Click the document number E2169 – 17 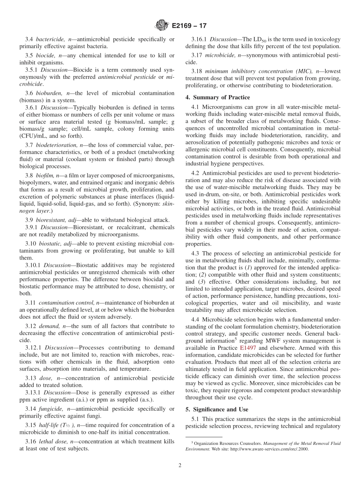tap(189, 26)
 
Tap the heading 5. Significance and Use tap(217, 410)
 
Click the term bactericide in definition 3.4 tap(50, 39)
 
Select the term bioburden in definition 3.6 tap(48, 93)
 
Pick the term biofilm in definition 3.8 tap(44, 175)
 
